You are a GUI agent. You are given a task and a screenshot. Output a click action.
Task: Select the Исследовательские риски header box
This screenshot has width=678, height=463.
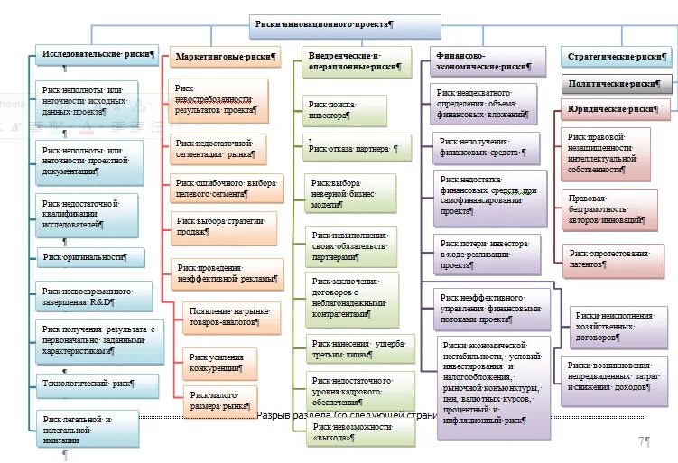pos(98,54)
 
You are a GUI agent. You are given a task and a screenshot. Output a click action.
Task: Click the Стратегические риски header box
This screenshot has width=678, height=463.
pos(617,56)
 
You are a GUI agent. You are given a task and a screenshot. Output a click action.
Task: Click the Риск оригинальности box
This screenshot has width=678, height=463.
pos(90,257)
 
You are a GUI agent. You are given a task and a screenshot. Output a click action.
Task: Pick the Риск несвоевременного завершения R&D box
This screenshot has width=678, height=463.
pos(88,296)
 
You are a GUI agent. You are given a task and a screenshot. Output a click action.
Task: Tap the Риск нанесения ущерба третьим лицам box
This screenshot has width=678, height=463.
pos(358,348)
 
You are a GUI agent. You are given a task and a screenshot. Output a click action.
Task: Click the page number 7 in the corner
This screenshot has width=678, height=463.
pos(643,441)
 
